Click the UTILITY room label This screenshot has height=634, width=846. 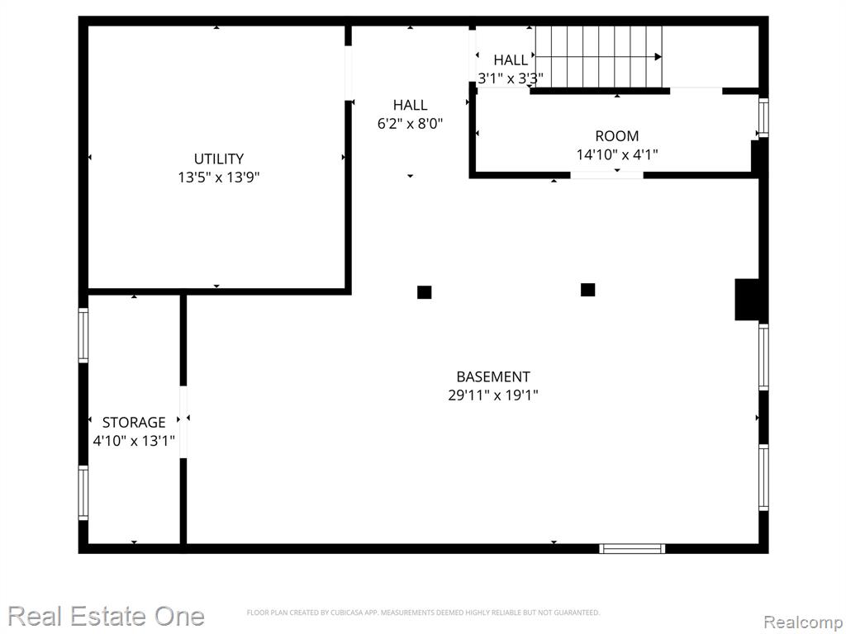218,159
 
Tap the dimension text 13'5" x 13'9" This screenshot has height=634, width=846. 219,177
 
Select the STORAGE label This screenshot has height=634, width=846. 134,422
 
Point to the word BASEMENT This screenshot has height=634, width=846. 493,376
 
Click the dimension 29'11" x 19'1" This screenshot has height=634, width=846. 493,395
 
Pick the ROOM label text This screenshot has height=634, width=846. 616,136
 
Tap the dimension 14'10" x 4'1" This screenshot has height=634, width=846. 617,154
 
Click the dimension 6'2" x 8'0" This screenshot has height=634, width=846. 410,124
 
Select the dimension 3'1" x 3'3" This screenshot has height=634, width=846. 511,78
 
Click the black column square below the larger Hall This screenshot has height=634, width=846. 424,292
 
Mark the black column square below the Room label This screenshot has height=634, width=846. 587,290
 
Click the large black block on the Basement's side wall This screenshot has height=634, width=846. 747,300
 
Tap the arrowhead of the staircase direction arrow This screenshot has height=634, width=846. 658,57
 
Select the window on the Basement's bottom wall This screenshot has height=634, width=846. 632,548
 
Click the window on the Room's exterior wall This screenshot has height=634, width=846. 763,117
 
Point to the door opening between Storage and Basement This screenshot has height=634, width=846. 183,422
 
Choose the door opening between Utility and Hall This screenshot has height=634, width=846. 348,73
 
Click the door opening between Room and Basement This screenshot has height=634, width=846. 607,175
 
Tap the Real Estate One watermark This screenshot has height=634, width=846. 107,616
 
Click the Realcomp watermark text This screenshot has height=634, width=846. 803,622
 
